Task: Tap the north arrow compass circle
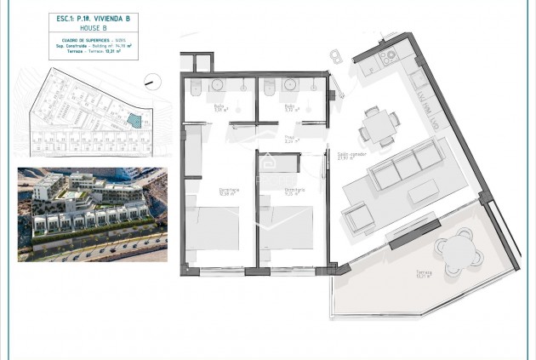[x=152, y=81]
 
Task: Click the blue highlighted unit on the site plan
[x=131, y=122]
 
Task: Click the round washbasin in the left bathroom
[x=216, y=85]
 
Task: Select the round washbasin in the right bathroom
[x=289, y=85]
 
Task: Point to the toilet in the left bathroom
[x=195, y=88]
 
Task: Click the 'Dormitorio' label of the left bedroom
[x=204, y=190]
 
